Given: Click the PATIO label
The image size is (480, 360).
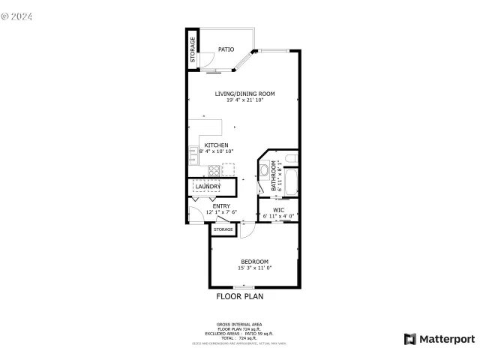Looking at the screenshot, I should point(226,49).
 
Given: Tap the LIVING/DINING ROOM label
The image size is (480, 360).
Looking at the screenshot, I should point(245,94).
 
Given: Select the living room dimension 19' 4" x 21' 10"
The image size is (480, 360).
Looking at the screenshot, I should point(245,100).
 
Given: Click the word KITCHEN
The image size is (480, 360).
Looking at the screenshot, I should point(217,145).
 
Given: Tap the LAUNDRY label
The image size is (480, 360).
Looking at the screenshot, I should point(208,186).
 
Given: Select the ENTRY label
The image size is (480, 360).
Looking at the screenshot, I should point(221,206).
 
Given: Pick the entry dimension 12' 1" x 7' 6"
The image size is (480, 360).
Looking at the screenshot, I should point(221,212).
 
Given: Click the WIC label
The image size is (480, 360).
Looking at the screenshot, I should point(278,210).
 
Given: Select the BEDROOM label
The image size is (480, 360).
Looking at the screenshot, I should point(254,261).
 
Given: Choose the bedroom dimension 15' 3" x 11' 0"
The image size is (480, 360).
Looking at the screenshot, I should point(254,268).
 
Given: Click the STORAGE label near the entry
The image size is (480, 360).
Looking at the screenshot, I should point(223,229).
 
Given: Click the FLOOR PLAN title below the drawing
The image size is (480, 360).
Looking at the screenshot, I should point(240,296).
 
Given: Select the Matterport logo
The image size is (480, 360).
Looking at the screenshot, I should point(439,339).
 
